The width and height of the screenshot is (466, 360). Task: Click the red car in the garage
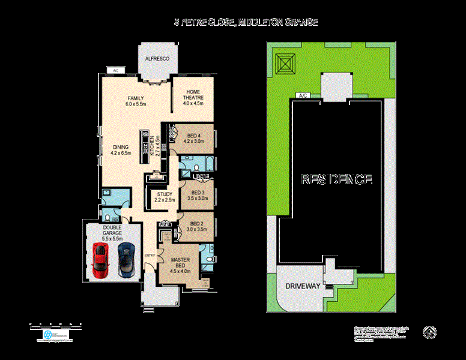tap(100, 260)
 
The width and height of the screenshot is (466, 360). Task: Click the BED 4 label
tap(193, 140)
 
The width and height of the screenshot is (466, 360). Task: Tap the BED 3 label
tap(198, 195)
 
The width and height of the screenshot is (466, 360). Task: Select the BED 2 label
tap(196, 226)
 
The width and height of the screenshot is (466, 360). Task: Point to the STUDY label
tap(165, 197)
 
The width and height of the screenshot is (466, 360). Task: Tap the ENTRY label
tap(150, 256)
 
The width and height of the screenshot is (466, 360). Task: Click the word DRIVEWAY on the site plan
tap(303, 286)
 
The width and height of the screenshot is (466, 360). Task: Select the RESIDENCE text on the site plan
tap(337, 179)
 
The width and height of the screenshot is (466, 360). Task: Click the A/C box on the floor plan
tap(115, 70)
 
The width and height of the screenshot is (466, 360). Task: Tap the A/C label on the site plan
tap(303, 95)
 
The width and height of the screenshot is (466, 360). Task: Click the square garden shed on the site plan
tap(285, 61)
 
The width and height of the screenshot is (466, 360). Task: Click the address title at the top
tap(246, 22)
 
